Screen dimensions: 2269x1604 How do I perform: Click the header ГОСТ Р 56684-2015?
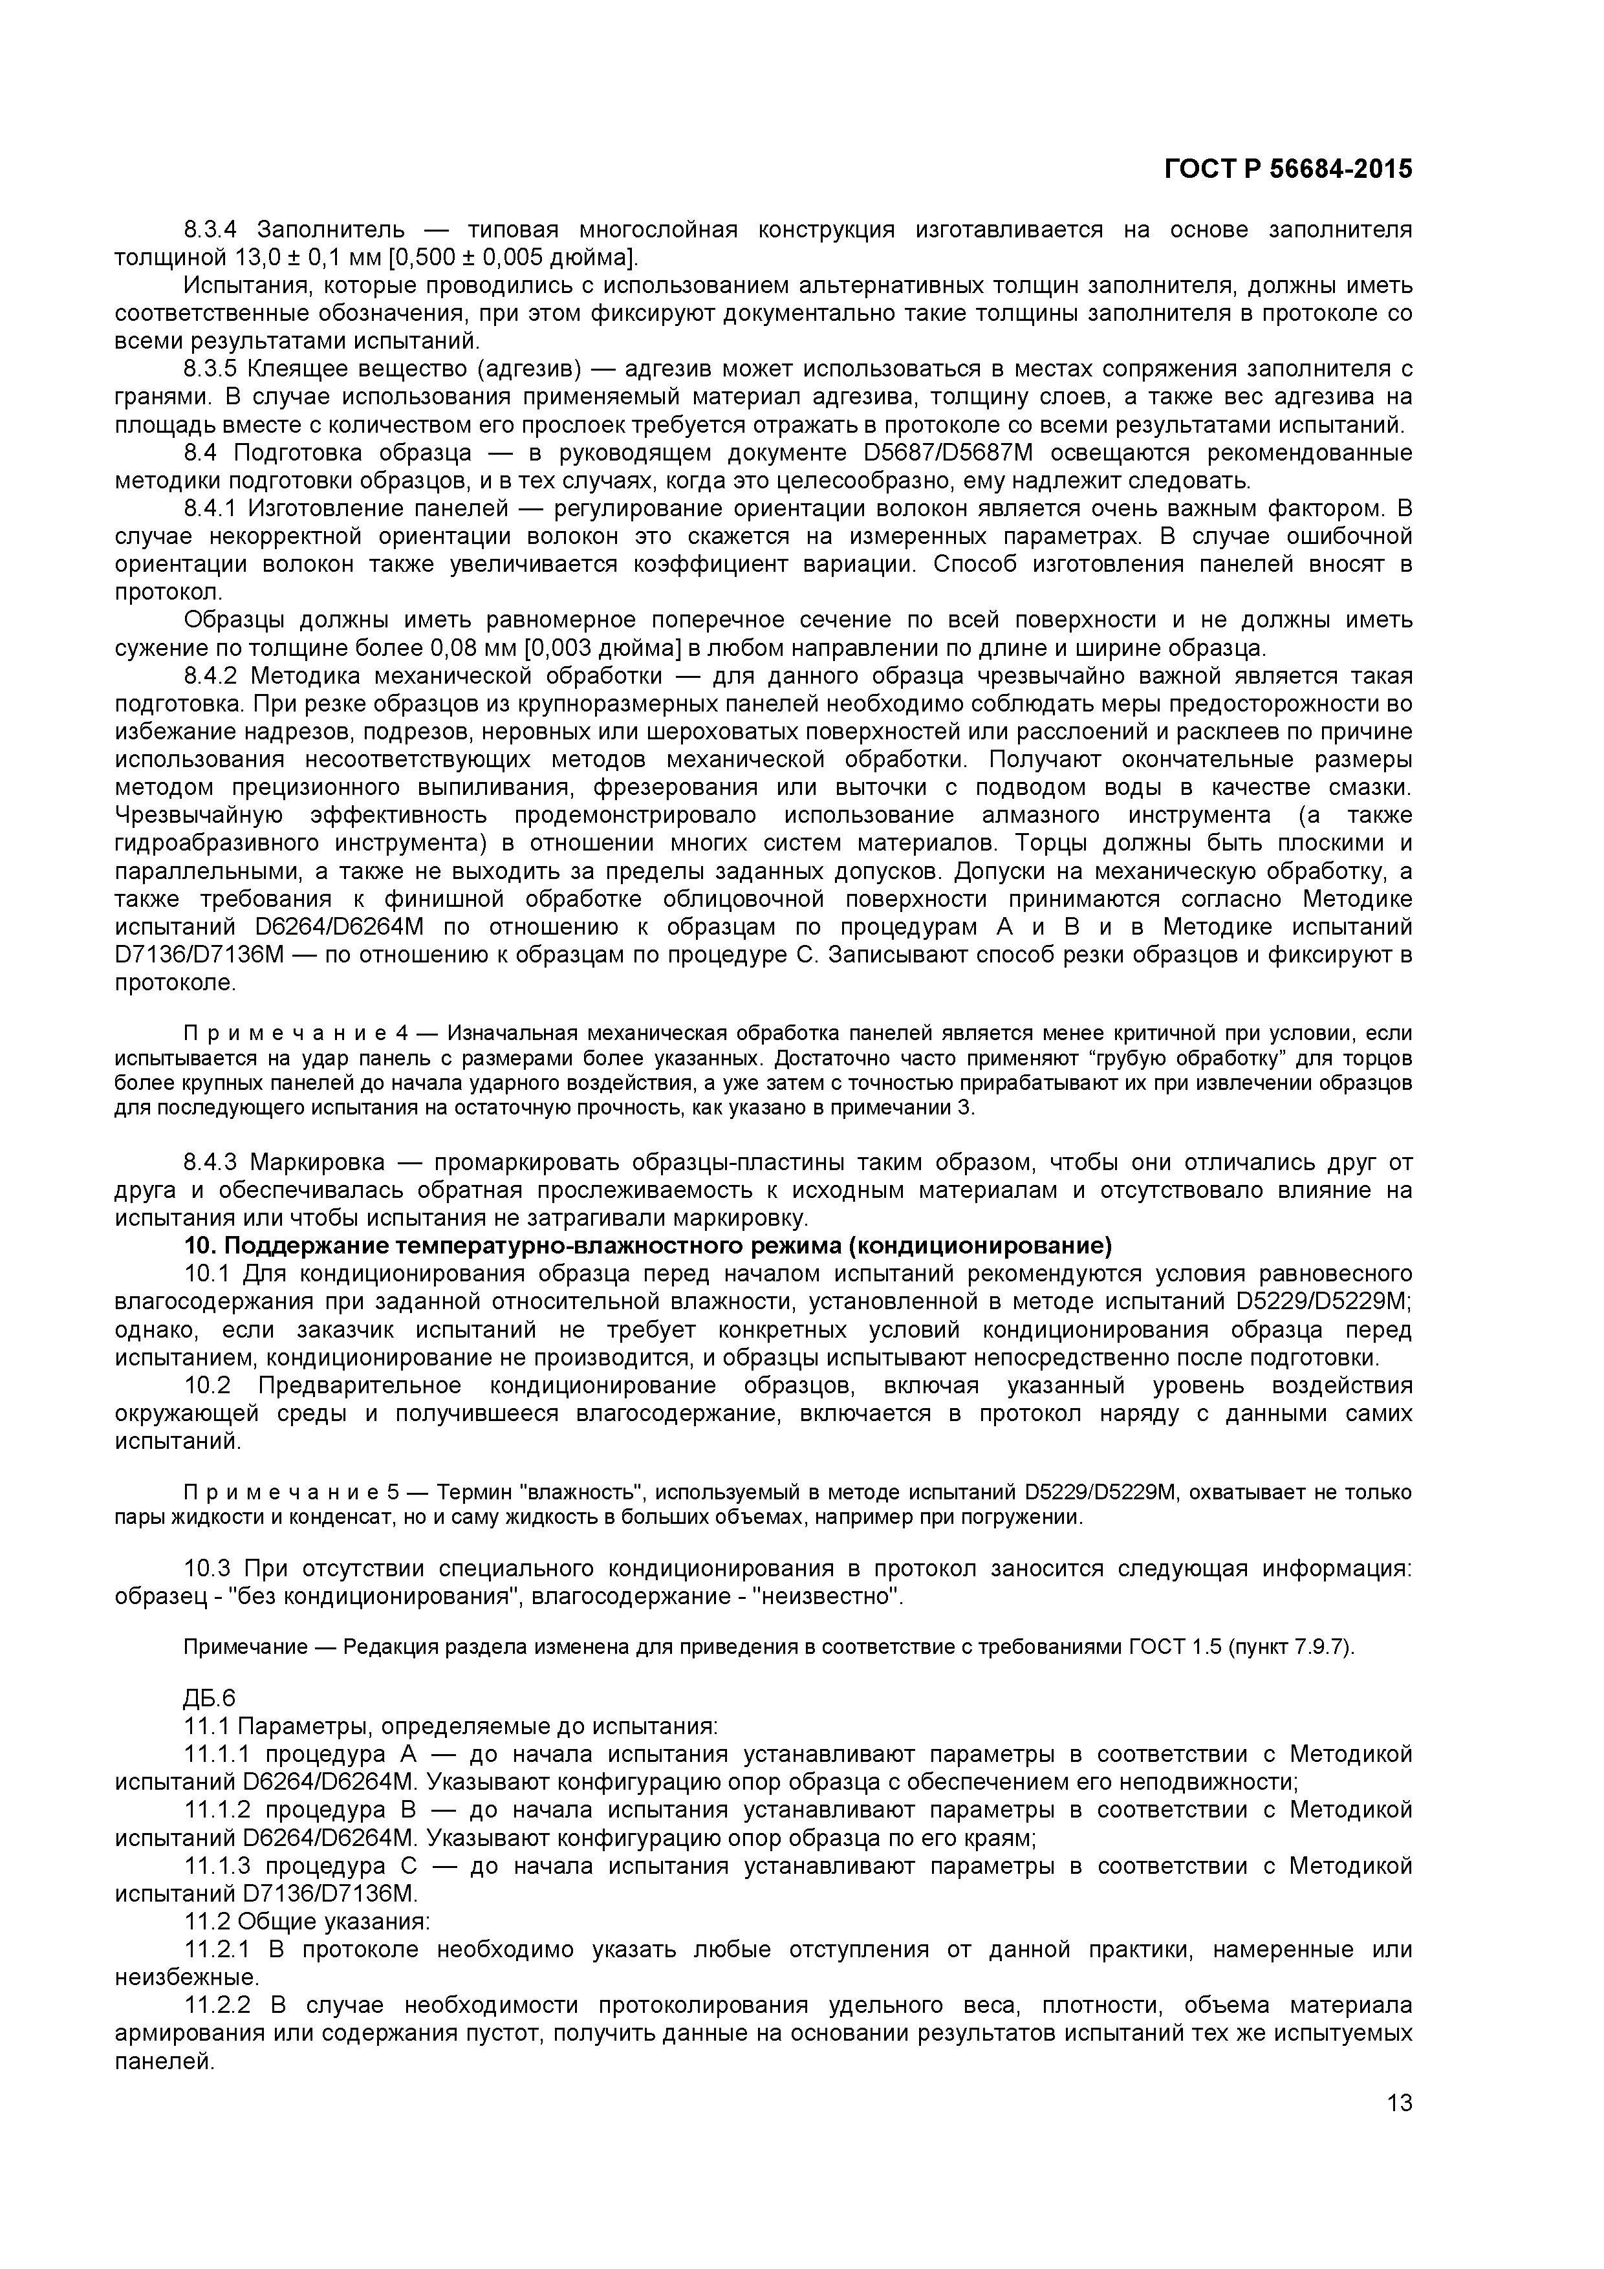1288,169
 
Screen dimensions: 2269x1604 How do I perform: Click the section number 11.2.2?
217,2006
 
